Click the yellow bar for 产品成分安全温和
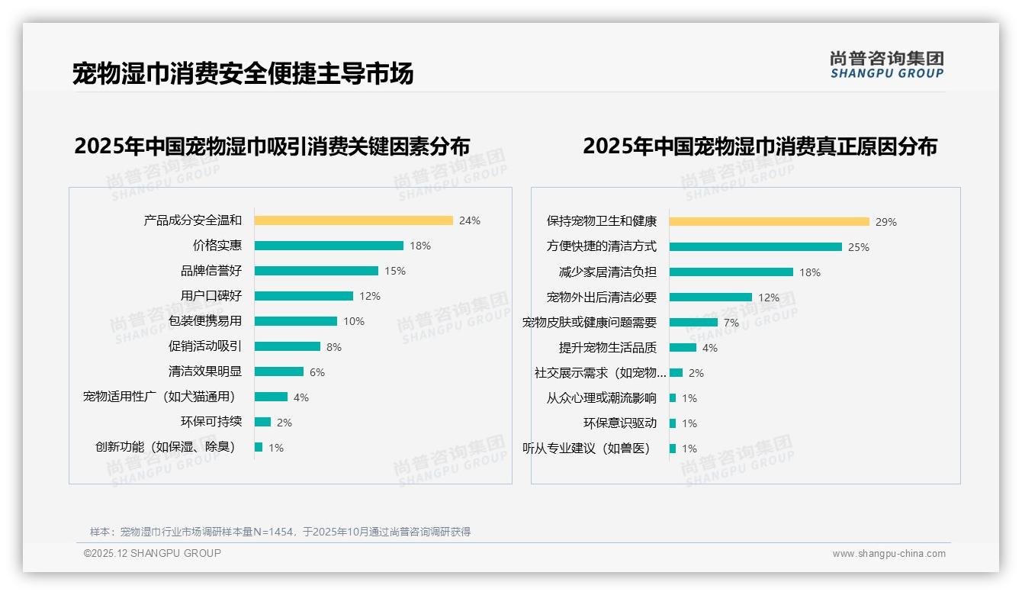353,220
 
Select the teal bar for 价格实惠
329,246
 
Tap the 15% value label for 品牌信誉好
395,271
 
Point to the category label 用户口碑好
211,296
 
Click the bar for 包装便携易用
295,321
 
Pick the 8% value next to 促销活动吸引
334,347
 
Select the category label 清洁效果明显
205,371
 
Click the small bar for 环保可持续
262,422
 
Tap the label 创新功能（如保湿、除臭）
166,447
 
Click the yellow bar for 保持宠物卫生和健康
769,222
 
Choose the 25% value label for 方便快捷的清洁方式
859,247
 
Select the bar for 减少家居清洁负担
731,272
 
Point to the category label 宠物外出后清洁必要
602,297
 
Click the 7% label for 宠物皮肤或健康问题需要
731,323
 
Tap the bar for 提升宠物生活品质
683,348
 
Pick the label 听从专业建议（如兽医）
587,449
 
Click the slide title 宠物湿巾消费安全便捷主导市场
243,73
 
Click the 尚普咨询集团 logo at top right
887,65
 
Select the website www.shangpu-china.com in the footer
889,554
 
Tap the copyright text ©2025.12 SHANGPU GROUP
153,553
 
